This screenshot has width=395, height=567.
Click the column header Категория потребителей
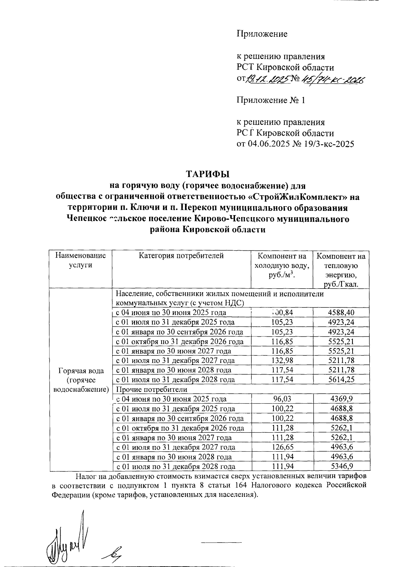(x=181, y=255)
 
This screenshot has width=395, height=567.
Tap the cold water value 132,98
(x=282, y=360)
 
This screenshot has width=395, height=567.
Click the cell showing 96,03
(x=282, y=399)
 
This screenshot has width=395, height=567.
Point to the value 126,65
(x=282, y=447)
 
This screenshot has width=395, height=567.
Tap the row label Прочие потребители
(x=152, y=389)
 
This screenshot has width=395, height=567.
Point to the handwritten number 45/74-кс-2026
(x=334, y=79)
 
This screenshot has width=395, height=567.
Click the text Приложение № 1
(x=271, y=100)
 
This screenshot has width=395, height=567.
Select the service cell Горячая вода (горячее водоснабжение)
(x=81, y=380)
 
